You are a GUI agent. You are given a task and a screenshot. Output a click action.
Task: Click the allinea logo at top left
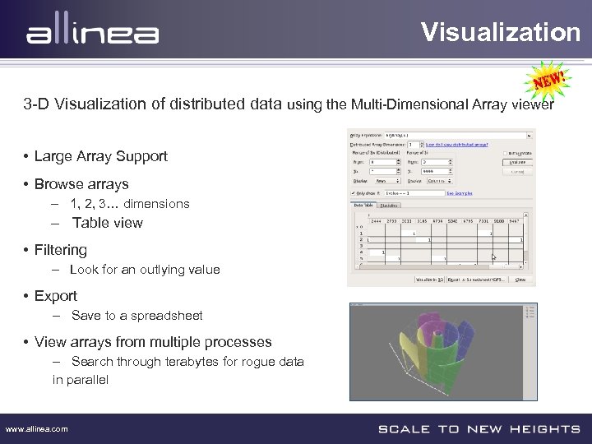click(92, 33)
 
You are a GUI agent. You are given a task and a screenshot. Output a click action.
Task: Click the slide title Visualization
click(501, 32)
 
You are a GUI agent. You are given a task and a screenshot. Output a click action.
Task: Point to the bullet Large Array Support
click(100, 156)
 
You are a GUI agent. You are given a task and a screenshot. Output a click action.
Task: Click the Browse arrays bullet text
click(81, 184)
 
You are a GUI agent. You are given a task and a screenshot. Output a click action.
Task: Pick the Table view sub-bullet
click(107, 223)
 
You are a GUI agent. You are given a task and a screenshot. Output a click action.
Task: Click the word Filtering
click(61, 250)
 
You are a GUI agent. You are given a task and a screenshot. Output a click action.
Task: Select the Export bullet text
click(56, 296)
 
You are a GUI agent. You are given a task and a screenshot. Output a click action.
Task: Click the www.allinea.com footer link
click(37, 429)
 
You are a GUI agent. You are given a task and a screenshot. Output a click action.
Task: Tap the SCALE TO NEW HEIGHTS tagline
click(479, 429)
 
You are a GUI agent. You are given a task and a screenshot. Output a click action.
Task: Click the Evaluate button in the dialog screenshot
click(517, 163)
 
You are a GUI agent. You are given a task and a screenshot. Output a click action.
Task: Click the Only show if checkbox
click(354, 193)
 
